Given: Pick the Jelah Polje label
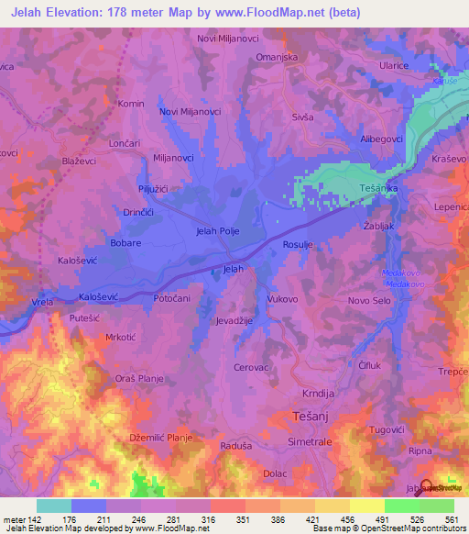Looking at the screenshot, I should (218, 231).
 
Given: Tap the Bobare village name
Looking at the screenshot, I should (125, 243).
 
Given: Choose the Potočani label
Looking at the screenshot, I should (171, 299).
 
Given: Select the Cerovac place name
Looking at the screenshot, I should (252, 367).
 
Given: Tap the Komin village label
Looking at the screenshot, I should (131, 105).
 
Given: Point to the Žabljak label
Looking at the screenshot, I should (379, 225).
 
